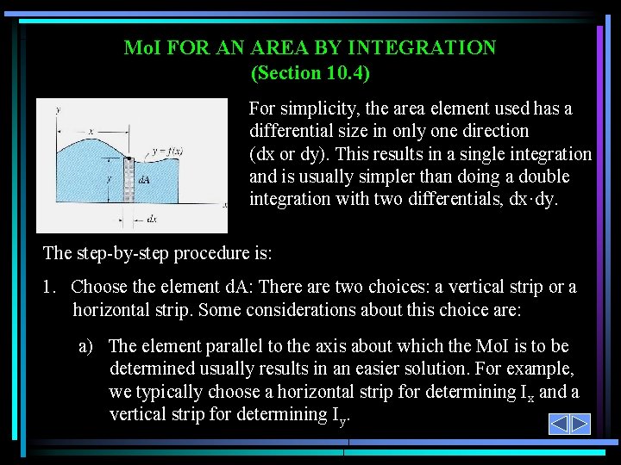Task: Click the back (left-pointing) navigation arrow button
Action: point(559,425)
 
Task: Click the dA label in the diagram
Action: point(143,180)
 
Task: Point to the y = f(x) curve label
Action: point(166,152)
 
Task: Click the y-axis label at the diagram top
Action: point(58,109)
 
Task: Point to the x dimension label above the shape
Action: point(91,132)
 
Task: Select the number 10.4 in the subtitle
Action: point(342,73)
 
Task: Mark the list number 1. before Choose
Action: point(50,287)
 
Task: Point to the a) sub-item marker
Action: point(85,346)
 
